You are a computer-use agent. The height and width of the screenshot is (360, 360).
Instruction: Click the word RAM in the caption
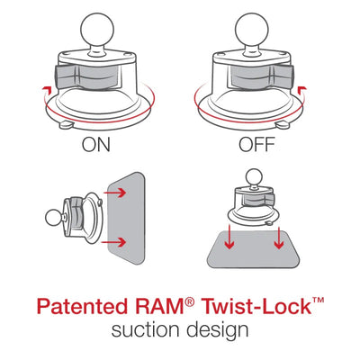pyautogui.click(x=175, y=307)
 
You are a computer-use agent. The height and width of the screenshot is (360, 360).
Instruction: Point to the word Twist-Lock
pyautogui.click(x=261, y=307)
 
